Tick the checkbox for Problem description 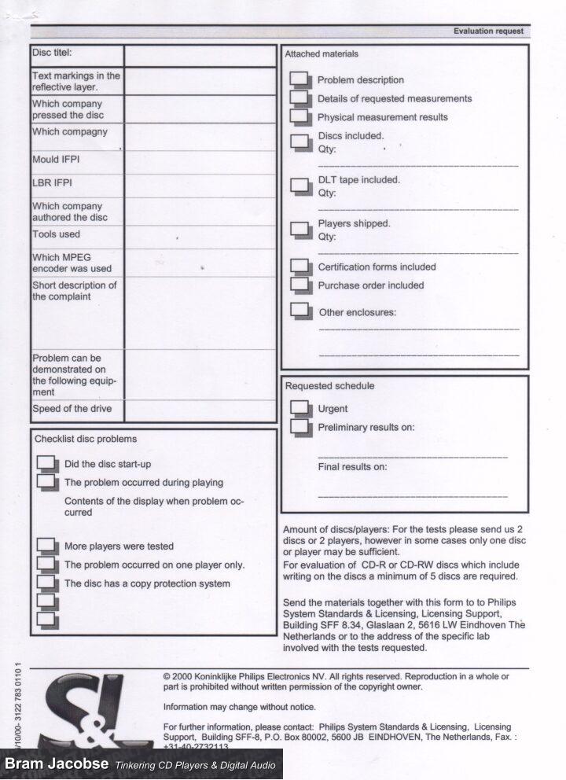(x=300, y=79)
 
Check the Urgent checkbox (x=300, y=408)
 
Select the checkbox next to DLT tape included (x=300, y=186)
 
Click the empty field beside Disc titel (x=200, y=55)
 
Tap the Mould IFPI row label (x=56, y=160)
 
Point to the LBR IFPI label (x=53, y=183)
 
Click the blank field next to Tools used (x=200, y=236)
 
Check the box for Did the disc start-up (x=47, y=463)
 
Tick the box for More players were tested (x=47, y=545)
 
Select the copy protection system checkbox (x=47, y=583)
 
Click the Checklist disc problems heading (x=85, y=439)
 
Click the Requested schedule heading (x=329, y=386)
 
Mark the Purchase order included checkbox (x=300, y=285)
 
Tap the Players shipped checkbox (x=300, y=229)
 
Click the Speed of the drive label (x=72, y=409)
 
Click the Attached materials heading (x=322, y=53)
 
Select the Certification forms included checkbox (x=300, y=267)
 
